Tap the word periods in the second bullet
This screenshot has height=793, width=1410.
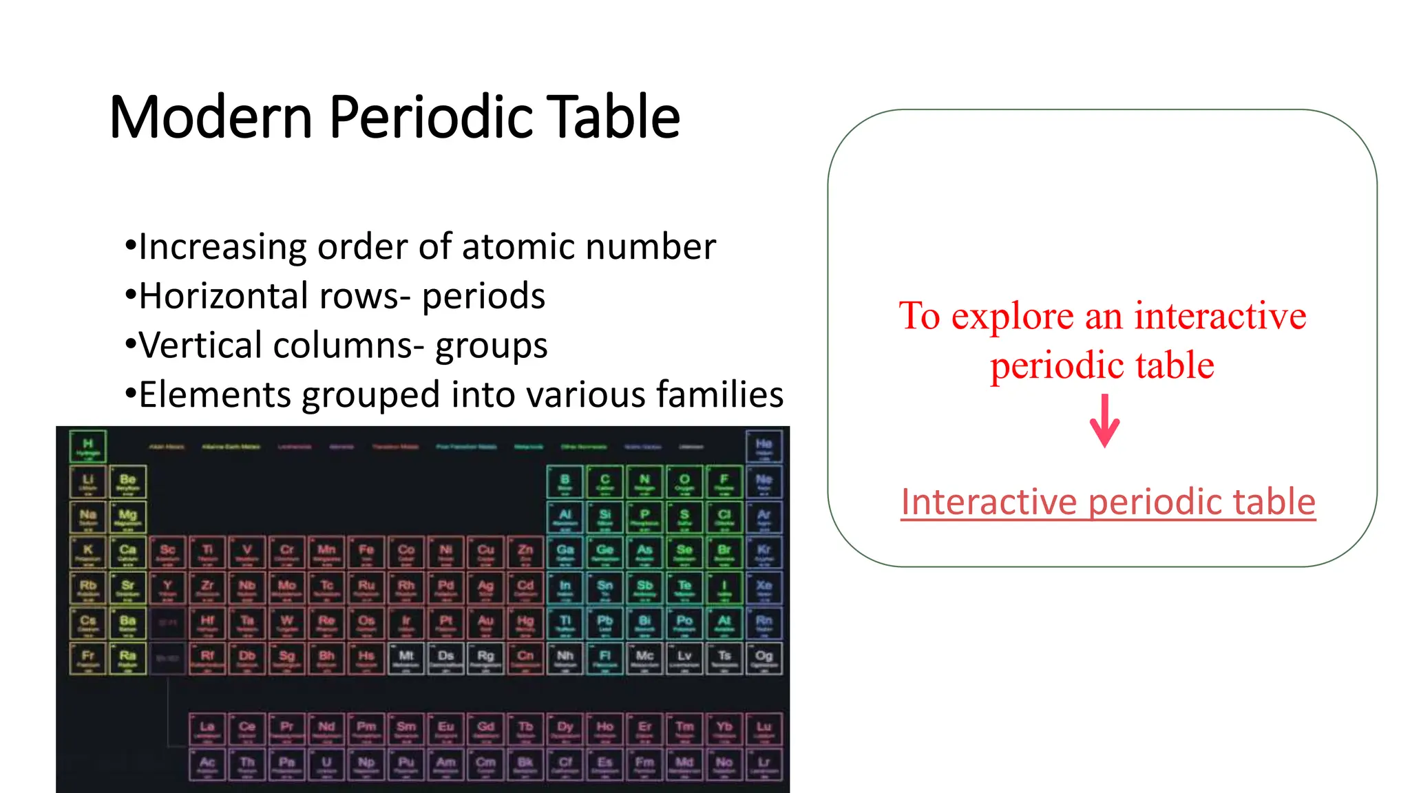click(483, 296)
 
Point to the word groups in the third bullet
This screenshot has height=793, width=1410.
click(491, 346)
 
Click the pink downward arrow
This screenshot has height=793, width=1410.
click(1104, 421)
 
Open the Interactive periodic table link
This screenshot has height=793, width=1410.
click(1108, 501)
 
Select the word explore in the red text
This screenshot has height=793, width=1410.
click(1012, 316)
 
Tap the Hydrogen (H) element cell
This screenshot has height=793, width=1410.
click(88, 447)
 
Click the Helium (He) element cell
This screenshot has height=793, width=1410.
click(764, 447)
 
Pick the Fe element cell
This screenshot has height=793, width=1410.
click(366, 553)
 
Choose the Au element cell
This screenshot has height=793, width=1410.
click(485, 624)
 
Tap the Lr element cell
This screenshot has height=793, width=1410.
click(764, 765)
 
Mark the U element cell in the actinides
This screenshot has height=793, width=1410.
click(326, 765)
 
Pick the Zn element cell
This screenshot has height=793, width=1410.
click(525, 553)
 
